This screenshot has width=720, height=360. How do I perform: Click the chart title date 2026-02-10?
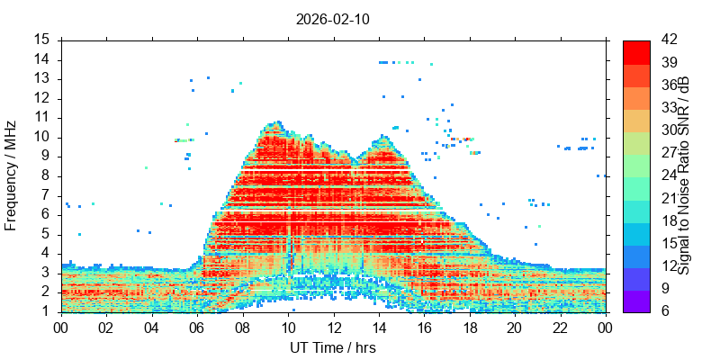pyautogui.click(x=333, y=18)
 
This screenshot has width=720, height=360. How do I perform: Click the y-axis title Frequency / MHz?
pyautogui.click(x=12, y=175)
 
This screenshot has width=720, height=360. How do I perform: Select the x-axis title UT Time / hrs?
pyautogui.click(x=333, y=347)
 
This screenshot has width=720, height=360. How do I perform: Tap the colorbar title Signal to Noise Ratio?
pyautogui.click(x=685, y=175)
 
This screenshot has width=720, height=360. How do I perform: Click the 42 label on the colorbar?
pyautogui.click(x=670, y=40)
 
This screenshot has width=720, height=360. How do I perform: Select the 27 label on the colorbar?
pyautogui.click(x=670, y=153)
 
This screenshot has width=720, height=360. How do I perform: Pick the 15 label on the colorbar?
pyautogui.click(x=670, y=244)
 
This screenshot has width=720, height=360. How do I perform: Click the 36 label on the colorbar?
pyautogui.click(x=670, y=85)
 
